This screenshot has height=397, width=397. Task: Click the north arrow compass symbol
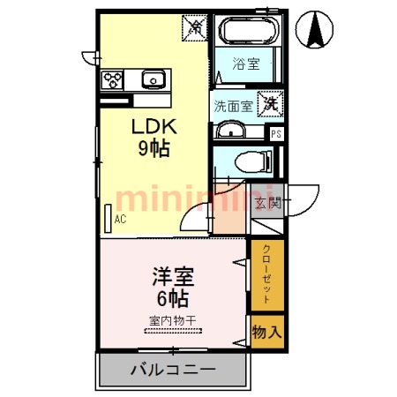314,32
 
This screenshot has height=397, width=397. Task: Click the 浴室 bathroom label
244,64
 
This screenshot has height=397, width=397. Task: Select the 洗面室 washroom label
232,104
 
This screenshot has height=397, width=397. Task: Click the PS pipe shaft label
276,134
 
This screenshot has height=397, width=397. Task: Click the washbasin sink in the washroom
231,131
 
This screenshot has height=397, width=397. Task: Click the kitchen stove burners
113,79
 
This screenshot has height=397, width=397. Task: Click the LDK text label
155,125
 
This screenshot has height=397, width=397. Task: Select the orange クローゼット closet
266,275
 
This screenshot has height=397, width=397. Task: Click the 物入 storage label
266,333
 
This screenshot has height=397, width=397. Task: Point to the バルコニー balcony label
173,369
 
